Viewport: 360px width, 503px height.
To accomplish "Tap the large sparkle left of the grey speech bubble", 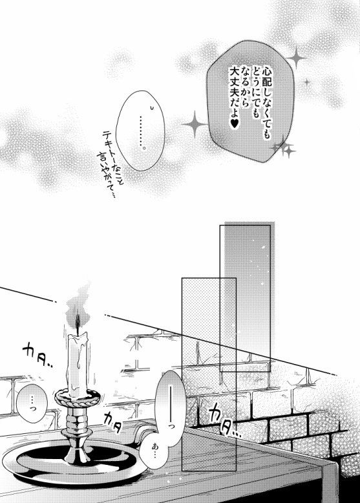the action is [x=195, y=124].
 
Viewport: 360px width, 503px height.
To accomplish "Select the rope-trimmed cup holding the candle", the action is [x=77, y=397].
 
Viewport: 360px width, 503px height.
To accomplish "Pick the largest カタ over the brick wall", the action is [x=224, y=420].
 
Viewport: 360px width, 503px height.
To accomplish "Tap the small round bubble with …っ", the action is [x=32, y=402].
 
